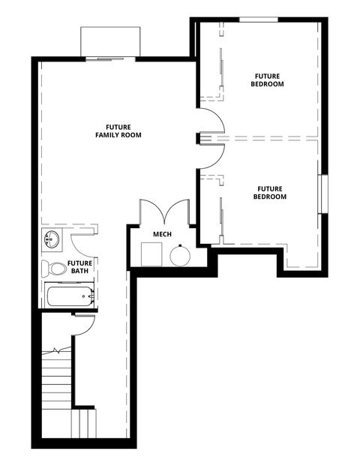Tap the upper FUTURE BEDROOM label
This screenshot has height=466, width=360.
pos(268,80)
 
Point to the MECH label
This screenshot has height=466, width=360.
pos(163,234)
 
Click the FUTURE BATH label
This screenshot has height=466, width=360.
pos(80,267)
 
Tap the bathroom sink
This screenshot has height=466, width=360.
pos(52,241)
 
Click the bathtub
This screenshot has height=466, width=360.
pos(69,296)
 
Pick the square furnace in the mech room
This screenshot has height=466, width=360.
pos(152,255)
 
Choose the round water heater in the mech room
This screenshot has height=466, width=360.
pos(180,255)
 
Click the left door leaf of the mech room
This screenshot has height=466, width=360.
pos(147,212)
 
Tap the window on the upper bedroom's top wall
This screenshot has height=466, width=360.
pos(259,19)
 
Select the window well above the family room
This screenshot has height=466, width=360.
pos(110,42)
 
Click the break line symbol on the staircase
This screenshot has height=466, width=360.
pos(57,350)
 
